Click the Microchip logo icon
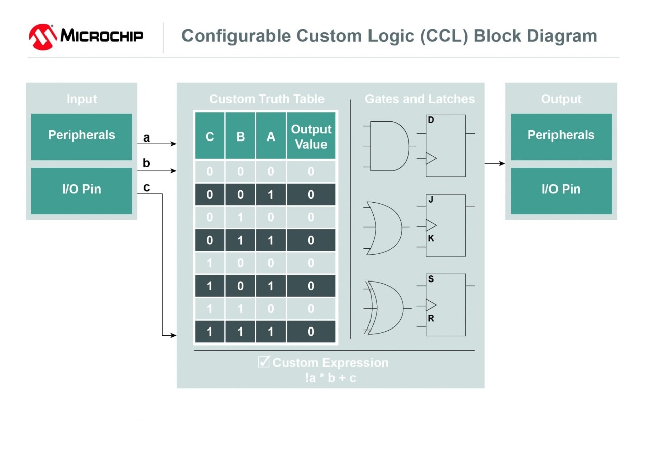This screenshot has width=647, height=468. point(42,36)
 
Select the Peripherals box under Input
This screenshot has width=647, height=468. point(81,136)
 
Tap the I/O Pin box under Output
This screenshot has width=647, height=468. point(561,190)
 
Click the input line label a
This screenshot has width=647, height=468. point(147,138)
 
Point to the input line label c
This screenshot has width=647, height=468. point(147,188)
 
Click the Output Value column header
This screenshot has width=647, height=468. point(311,136)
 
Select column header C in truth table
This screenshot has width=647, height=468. point(210,137)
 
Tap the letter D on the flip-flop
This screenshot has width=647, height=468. point(431,120)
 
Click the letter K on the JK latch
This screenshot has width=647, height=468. point(431,238)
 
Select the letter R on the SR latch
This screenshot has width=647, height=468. point(431,318)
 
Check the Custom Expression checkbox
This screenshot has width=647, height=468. point(264,362)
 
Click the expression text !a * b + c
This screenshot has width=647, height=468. point(331,378)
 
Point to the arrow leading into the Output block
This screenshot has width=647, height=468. point(495,163)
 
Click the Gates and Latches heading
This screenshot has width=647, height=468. point(420,99)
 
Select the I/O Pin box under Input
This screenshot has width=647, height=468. point(81,190)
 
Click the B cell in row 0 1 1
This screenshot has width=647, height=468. point(240,240)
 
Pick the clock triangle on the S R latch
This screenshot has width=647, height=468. point(431,305)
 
